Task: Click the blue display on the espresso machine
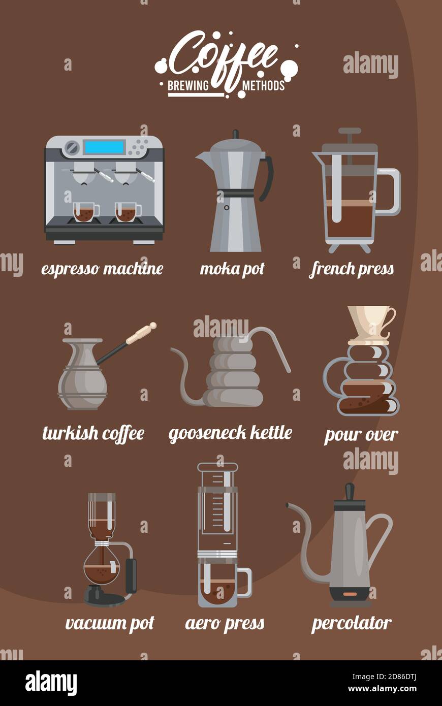[x=104, y=147]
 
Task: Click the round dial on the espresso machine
[x=72, y=147]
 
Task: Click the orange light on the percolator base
[x=350, y=594]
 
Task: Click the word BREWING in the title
[x=188, y=85]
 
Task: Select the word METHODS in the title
[x=264, y=85]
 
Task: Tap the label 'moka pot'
[x=232, y=269]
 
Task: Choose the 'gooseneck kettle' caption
[x=231, y=433]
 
